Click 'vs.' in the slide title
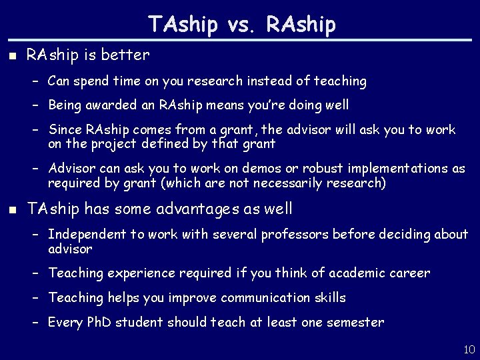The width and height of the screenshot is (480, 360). coord(243,25)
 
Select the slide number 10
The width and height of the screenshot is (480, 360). coord(468,349)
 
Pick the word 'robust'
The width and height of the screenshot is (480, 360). coord(289,168)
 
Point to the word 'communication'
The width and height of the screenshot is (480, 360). coord(264,297)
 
